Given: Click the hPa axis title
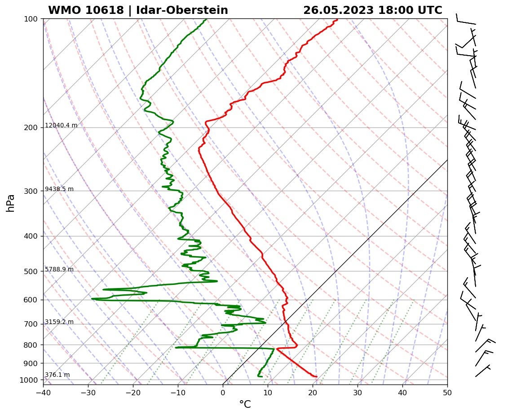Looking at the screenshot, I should point(11,203).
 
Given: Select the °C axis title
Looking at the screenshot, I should point(245,405).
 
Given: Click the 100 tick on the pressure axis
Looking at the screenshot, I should point(31,19).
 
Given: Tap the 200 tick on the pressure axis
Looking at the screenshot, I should point(31,128).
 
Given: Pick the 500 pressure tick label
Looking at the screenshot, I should point(31,271).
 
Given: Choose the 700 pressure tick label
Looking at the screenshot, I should point(31,324).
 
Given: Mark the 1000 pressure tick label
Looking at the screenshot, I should point(29,380).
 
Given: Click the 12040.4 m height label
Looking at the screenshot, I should point(61,126).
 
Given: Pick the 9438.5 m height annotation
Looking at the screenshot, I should point(59,189).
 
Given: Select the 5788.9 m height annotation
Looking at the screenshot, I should point(59,270).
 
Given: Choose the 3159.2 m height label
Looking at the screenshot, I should point(59,322).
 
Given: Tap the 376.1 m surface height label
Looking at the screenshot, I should point(57,375).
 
